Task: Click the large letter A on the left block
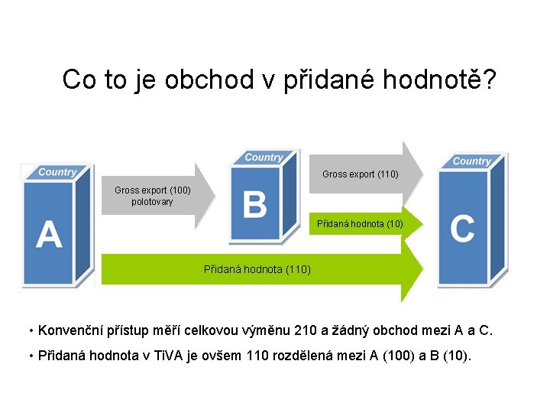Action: coord(49,234)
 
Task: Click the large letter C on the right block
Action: coord(462,229)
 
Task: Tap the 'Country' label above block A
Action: coord(57,172)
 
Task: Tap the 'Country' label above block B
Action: coord(264,158)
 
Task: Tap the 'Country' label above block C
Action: coord(471,161)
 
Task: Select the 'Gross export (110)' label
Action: coord(360,174)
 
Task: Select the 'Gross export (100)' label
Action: coord(152,190)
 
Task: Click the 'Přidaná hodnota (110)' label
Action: coord(257,269)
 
